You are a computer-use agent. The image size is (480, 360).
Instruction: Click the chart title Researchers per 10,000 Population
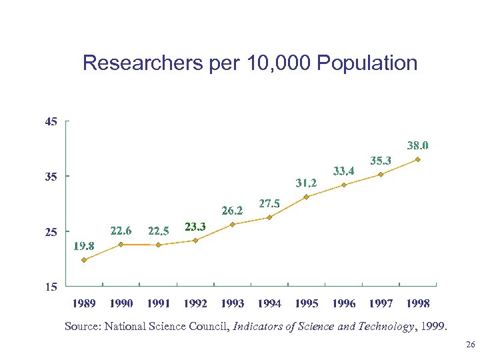[250, 63]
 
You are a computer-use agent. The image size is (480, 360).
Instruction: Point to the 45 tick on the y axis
[51, 121]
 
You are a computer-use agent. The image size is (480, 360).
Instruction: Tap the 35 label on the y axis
[51, 177]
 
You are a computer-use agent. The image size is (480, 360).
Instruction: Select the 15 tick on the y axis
[51, 287]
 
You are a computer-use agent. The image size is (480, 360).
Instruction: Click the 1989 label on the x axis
[83, 303]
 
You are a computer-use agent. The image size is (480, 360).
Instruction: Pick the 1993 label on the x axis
[232, 303]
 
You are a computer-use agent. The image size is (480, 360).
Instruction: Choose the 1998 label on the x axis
[417, 303]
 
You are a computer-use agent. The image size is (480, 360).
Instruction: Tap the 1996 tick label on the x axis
[343, 303]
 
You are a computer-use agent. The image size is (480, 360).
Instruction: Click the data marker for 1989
[84, 260]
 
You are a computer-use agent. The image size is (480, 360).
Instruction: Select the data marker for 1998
[417, 159]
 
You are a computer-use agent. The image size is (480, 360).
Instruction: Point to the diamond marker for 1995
[306, 197]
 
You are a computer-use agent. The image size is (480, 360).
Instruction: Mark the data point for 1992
[195, 240]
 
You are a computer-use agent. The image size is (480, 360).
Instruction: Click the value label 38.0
[417, 145]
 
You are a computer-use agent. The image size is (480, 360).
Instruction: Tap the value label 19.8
[83, 246]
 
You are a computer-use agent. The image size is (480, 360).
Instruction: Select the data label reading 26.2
[232, 210]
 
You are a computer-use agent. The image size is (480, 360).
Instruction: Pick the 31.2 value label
[306, 182]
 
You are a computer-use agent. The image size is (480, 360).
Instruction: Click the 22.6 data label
[121, 231]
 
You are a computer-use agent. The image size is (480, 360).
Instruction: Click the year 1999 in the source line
[435, 327]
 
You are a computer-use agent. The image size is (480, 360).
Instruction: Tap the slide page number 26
[469, 345]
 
